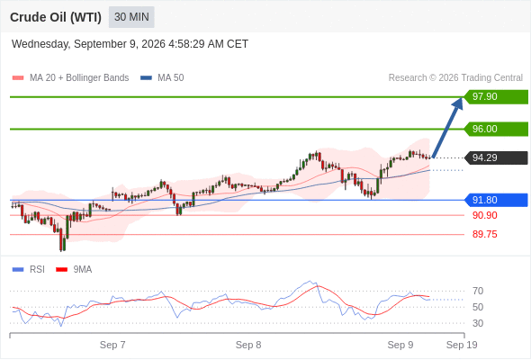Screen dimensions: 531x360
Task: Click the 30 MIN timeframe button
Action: [131, 17]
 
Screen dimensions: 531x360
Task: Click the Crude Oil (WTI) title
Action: [56, 17]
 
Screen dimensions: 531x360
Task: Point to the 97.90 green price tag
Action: [496, 97]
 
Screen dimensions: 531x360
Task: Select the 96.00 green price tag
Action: [496, 129]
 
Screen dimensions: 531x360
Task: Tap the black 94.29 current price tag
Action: [496, 157]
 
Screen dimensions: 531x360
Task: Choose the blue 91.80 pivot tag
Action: [496, 200]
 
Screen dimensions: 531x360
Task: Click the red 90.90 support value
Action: [484, 215]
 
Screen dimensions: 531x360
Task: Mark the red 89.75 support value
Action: [484, 234]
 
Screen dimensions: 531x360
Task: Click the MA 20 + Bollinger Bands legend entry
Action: [70, 78]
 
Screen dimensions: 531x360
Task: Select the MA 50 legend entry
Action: [162, 78]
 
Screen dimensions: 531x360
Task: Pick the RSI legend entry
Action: [29, 270]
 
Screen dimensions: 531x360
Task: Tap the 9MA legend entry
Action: [74, 270]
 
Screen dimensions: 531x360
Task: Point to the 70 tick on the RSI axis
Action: [478, 291]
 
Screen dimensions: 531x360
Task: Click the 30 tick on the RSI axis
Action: [478, 323]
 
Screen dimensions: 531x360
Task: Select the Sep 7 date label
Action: [112, 345]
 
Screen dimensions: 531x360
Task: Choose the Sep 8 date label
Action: [248, 345]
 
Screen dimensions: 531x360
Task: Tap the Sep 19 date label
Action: [462, 345]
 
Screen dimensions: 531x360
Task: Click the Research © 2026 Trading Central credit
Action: [455, 78]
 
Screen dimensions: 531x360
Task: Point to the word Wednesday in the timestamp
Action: [40, 44]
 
